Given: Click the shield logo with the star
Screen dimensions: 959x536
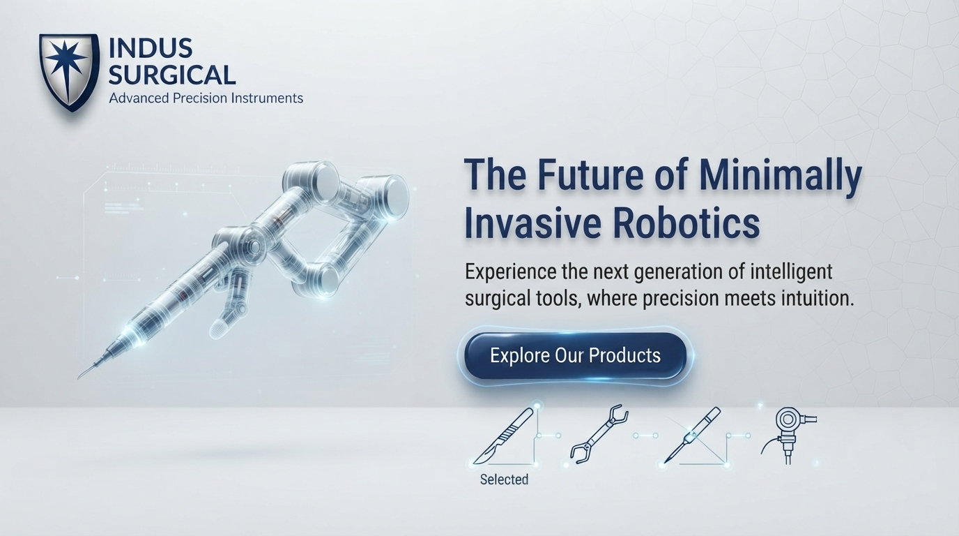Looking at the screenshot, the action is coord(69,72).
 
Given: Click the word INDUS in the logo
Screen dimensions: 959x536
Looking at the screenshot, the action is coord(151,47).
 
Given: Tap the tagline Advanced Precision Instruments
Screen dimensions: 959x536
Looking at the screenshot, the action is coord(206,98).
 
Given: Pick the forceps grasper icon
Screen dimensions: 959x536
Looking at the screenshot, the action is coord(599,433).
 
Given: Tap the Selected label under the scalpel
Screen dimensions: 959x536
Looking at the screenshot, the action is coord(505,479).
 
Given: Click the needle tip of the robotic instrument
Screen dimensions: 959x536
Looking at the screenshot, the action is coord(78,378).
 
